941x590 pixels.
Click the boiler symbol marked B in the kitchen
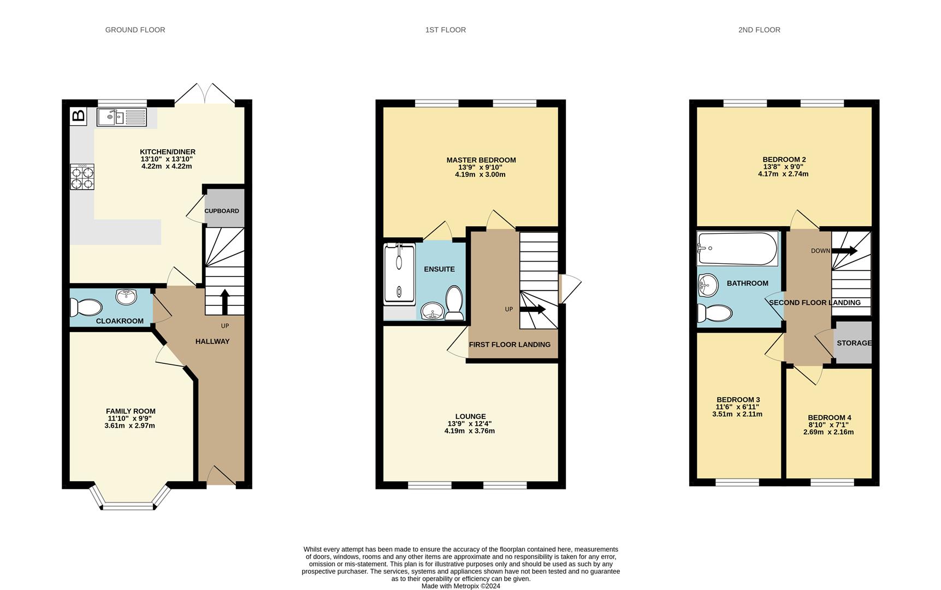coord(79,116)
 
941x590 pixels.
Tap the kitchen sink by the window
coord(122,117)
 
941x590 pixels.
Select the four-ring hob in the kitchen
coord(82,177)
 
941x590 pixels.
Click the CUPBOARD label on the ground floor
coord(222,211)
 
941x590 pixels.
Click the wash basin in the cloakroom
coord(126,297)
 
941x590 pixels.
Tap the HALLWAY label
coord(212,341)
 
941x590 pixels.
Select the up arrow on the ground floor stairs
coord(224,302)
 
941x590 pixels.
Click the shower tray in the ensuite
coord(399,274)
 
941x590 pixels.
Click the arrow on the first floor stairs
coord(533,309)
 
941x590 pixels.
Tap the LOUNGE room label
coord(470,416)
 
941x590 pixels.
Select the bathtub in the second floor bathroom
coord(737,249)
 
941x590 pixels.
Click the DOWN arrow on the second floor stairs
coord(845,251)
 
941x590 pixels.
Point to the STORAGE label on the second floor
coord(854,343)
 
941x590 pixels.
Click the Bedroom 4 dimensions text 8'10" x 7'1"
coord(828,425)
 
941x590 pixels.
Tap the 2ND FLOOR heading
coord(759,30)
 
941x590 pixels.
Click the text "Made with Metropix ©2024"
coord(461,586)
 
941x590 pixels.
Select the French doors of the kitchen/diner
coord(205,93)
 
